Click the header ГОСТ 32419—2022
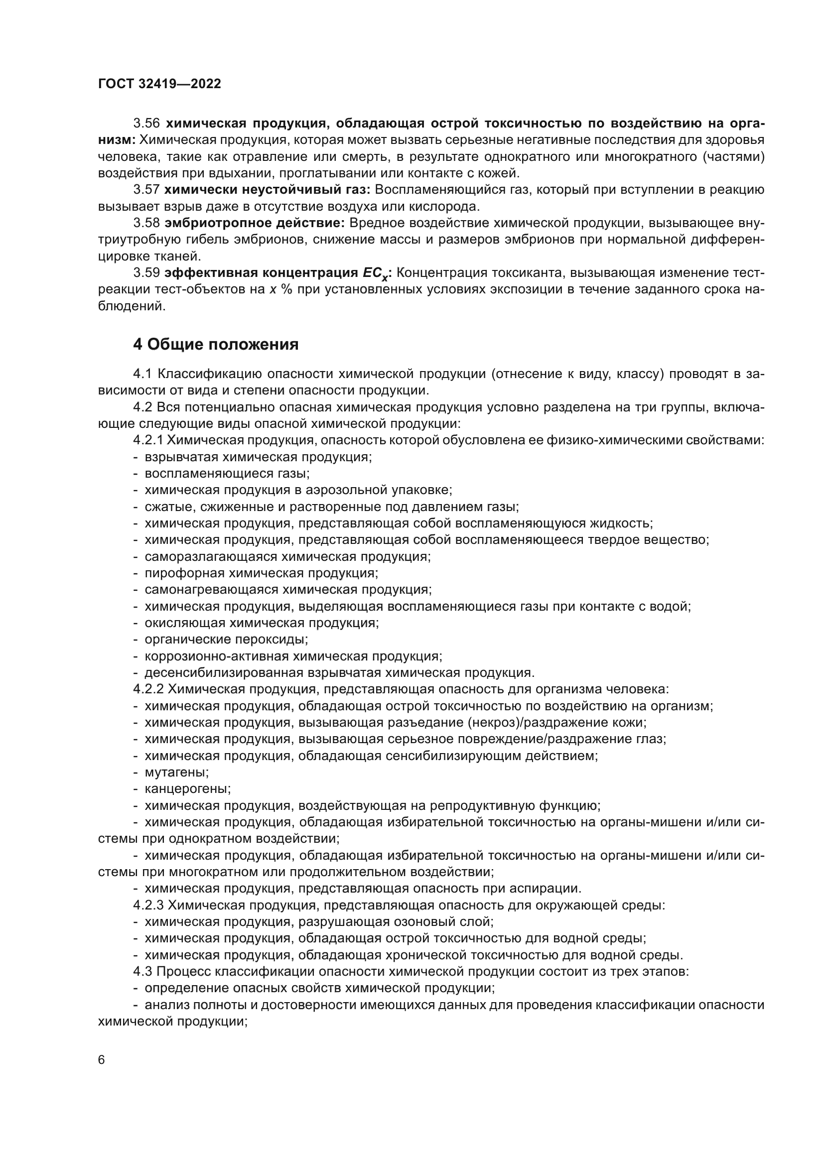pos(159,84)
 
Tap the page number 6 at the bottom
pos(102,1060)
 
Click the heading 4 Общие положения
pos(216,345)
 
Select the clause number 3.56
pos(146,124)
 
